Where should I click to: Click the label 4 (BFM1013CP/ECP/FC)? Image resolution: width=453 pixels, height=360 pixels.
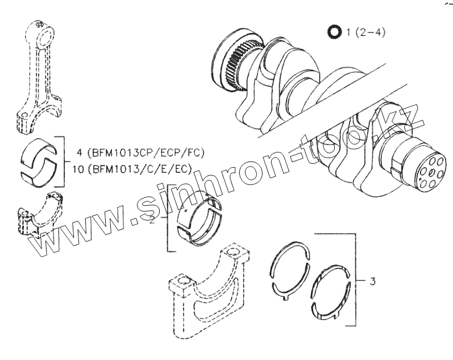pyautogui.click(x=139, y=152)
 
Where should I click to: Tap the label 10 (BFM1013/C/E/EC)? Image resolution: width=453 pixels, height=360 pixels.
pyautogui.click(x=132, y=168)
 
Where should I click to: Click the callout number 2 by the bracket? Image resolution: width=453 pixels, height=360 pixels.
pyautogui.click(x=152, y=219)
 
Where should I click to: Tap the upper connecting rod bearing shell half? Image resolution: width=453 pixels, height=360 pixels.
pyautogui.click(x=38, y=149)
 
